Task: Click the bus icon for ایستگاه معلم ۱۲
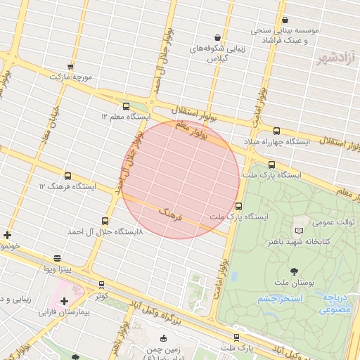click(126, 107)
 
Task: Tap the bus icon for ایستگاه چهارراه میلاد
click(276, 131)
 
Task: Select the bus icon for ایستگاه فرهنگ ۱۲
click(67, 176)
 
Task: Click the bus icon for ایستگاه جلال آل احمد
click(105, 221)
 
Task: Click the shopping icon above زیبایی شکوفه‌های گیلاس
click(217, 37)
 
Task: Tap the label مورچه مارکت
click(70, 75)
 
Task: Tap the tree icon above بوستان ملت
click(294, 271)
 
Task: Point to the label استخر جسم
click(279, 299)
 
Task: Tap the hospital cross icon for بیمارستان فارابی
click(65, 301)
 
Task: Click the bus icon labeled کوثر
click(102, 285)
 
